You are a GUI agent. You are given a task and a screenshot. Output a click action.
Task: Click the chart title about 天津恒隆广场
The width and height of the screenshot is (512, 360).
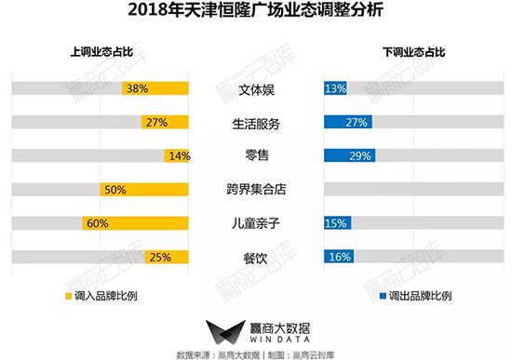coord(255,13)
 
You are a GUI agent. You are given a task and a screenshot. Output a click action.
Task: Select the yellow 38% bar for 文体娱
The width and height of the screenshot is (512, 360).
coord(156,89)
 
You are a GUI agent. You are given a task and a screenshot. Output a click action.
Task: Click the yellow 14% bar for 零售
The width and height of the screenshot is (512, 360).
coord(177,156)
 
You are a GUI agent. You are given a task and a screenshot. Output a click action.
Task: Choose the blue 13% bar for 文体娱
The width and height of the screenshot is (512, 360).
coord(334,89)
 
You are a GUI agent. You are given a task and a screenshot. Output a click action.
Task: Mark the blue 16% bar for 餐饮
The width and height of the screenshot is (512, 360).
coord(338,257)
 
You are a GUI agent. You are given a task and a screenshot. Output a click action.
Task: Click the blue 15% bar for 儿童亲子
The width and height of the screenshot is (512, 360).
coord(336,223)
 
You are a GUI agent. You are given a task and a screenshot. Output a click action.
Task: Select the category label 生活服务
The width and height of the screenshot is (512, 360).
coord(255,123)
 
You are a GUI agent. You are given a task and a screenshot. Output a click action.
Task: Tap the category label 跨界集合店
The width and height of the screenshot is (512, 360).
coord(255,190)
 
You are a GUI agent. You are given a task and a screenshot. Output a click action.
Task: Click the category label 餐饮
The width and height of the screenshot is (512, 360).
coord(255,257)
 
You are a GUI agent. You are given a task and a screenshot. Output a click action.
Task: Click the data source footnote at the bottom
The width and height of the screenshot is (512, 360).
coord(255,354)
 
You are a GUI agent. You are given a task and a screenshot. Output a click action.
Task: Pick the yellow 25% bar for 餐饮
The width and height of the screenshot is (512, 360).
coord(167,257)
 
